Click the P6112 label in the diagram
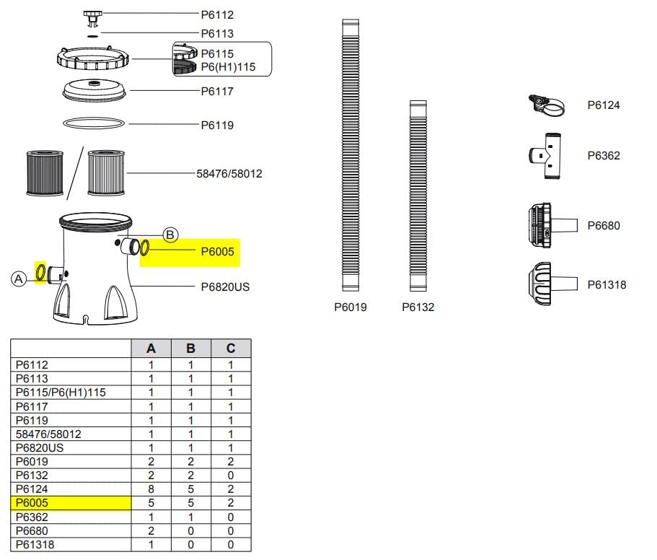pos(217,14)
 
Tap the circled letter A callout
pos(19,278)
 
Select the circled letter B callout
pos(170,235)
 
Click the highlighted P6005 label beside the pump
pos(216,252)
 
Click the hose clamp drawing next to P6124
pos(547,106)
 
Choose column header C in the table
pos(230,349)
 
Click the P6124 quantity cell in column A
pos(151,489)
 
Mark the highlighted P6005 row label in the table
pos(70,502)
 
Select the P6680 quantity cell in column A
pos(151,530)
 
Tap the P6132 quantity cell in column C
pos(230,475)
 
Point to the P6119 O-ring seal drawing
pos(94,124)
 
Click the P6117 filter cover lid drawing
pos(94,91)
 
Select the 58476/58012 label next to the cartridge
pos(229,173)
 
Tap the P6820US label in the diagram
pos(225,286)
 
